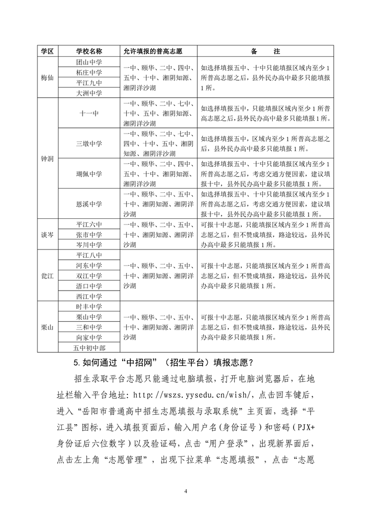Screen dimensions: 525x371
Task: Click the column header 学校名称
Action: (x=89, y=51)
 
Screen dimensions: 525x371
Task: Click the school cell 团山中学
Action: (x=89, y=62)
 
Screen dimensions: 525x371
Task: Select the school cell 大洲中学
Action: (x=89, y=93)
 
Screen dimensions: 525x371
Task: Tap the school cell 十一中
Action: (x=89, y=113)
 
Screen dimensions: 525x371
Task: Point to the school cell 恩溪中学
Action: (x=89, y=203)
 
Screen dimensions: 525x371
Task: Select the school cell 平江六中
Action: (x=89, y=224)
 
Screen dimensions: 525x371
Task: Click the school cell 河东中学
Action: (x=89, y=266)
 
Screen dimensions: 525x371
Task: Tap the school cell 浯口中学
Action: (x=89, y=286)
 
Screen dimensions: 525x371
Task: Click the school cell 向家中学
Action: (x=89, y=337)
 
